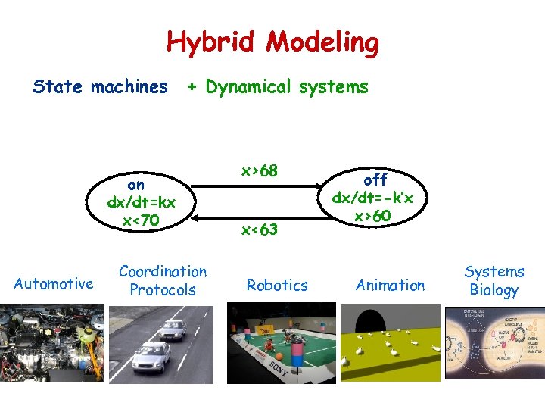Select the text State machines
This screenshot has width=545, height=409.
[100, 87]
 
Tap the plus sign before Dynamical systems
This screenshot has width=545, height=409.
[192, 87]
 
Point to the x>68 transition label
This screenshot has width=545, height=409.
[259, 171]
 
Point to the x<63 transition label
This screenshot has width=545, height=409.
[259, 229]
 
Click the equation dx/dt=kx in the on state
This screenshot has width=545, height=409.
[142, 203]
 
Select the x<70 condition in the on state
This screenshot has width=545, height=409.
[141, 220]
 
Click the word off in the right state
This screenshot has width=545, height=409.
[375, 180]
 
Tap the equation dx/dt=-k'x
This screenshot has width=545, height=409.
[375, 198]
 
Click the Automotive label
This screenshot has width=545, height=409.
[54, 284]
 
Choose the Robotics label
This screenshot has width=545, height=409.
[277, 286]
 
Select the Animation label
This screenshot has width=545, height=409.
[391, 286]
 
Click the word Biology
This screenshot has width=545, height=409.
[494, 290]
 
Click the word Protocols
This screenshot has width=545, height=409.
[163, 290]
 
